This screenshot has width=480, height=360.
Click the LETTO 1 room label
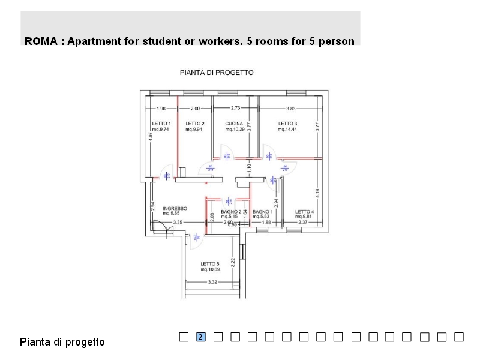(x=161, y=123)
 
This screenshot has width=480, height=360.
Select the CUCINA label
(x=234, y=123)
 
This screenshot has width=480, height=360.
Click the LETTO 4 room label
(x=304, y=212)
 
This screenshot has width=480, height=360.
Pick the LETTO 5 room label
(x=210, y=264)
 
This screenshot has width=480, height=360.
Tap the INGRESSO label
(x=175, y=209)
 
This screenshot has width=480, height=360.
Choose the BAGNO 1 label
(x=263, y=212)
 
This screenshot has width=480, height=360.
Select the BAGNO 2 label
(x=231, y=212)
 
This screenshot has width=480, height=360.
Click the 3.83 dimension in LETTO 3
(x=291, y=109)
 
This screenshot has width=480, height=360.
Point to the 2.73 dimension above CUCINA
(x=236, y=108)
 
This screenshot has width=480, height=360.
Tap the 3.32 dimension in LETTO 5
(x=212, y=282)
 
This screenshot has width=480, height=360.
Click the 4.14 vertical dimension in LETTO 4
(x=317, y=194)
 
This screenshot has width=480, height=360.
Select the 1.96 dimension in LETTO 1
(x=161, y=109)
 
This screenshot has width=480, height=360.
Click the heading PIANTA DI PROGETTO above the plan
(x=217, y=72)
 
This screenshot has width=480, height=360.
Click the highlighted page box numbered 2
(x=201, y=337)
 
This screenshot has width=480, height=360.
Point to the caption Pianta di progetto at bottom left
(x=62, y=342)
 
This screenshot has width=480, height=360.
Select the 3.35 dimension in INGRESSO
(x=178, y=223)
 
